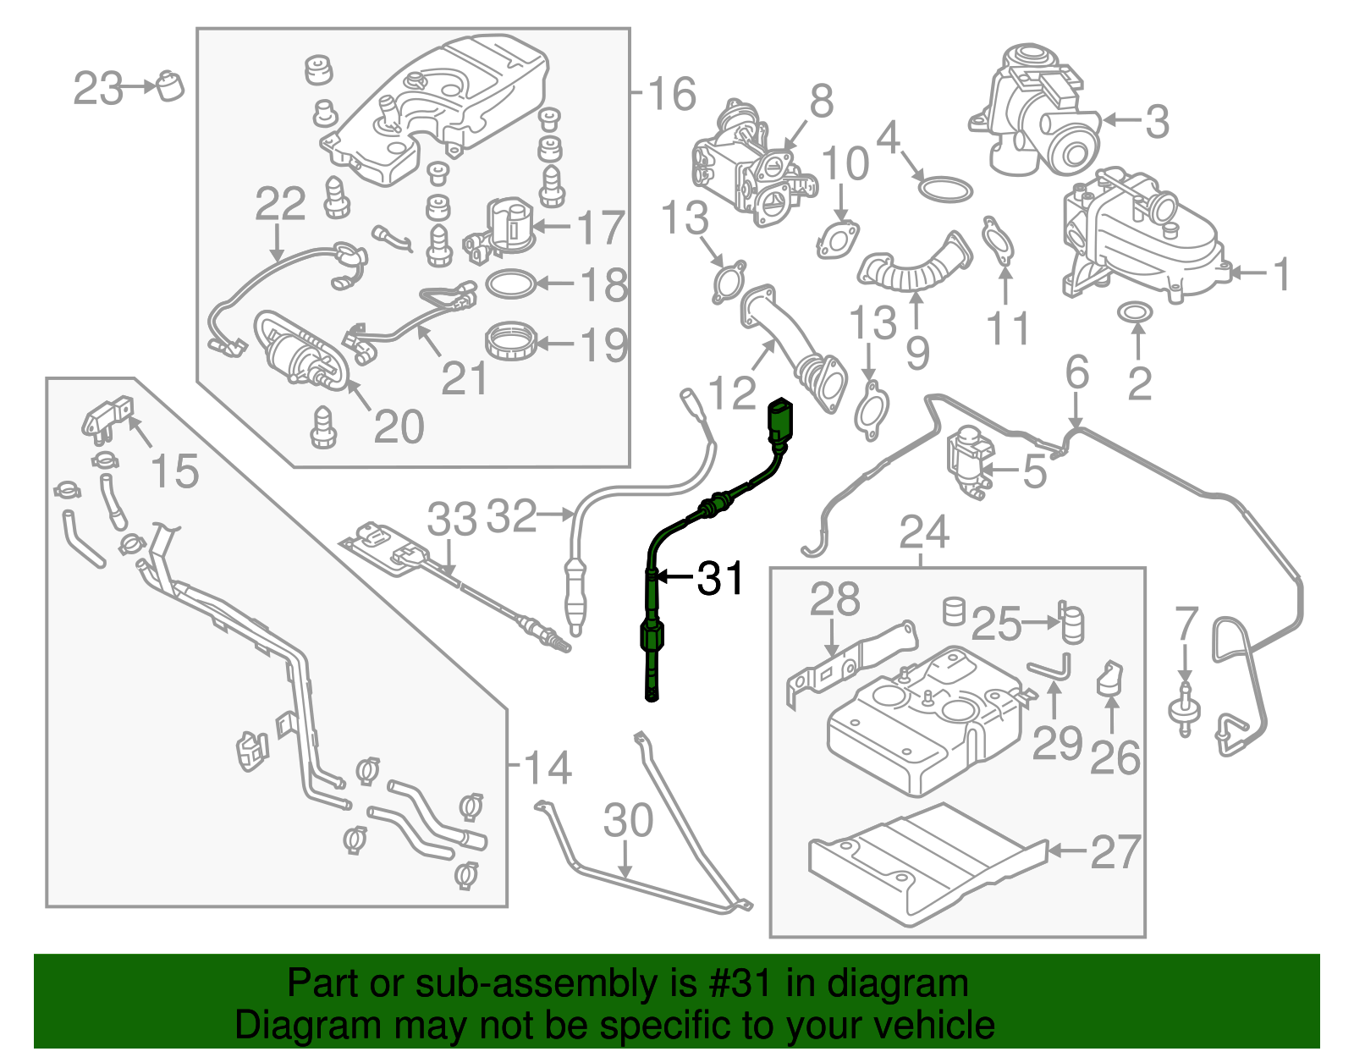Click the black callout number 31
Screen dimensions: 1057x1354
coord(720,578)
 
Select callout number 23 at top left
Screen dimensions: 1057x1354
coord(97,88)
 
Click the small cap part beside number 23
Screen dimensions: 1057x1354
coord(170,85)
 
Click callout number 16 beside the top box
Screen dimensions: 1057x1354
coord(672,93)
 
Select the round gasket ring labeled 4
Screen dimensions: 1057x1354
coord(944,190)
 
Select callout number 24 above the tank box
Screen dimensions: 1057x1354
coord(924,531)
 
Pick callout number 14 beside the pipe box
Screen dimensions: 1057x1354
coord(548,768)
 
